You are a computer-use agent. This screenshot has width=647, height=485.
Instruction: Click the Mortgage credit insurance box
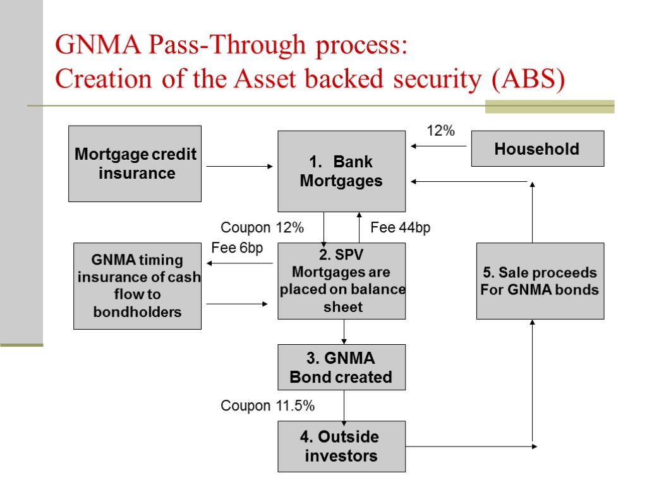point(135,164)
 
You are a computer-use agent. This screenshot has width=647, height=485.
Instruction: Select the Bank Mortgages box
point(342,171)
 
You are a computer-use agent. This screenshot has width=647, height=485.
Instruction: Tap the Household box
point(538,148)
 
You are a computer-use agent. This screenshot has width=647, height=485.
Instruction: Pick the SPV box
point(342,281)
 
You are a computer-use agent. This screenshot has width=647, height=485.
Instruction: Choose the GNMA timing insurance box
point(137,286)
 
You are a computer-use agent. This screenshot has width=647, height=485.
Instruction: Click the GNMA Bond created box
point(342,367)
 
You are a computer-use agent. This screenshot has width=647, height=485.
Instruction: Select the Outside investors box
point(342,446)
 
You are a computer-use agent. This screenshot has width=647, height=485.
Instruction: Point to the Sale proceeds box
point(540,281)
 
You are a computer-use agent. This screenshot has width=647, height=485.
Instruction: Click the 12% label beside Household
point(440,131)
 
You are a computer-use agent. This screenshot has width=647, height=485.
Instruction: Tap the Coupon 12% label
point(262,227)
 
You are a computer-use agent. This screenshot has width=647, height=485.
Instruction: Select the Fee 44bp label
point(400,227)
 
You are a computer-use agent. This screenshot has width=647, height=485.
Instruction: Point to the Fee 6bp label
point(238,248)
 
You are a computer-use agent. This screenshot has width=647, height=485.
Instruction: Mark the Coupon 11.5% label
point(268,405)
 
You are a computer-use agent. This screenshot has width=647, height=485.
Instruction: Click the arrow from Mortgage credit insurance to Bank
point(239,166)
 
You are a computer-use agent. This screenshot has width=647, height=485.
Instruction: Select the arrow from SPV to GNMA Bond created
point(344,332)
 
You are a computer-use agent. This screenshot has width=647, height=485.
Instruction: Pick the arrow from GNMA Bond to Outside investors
point(344,408)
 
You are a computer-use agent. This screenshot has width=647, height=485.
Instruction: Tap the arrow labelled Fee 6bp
point(239,263)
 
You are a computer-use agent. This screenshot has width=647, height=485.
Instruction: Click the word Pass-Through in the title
point(227,45)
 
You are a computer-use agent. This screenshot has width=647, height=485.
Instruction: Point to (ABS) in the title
point(528,79)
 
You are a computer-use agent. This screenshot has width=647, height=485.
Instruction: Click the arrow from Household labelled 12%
point(438,146)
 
